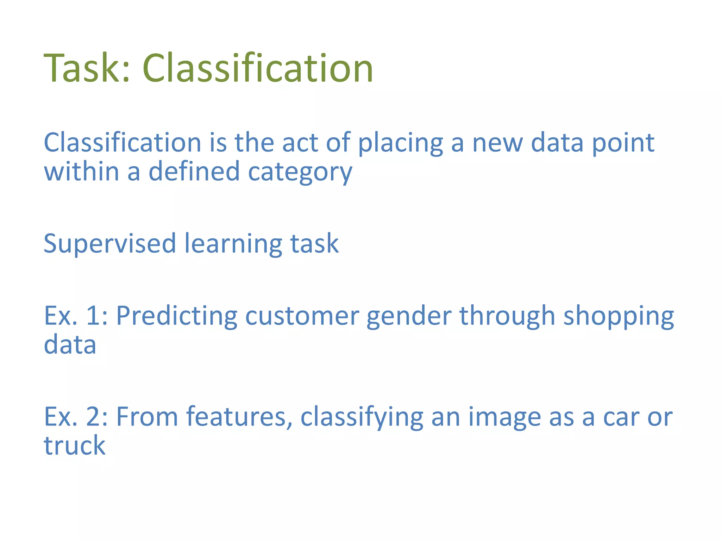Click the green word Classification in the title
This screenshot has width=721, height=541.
point(257,68)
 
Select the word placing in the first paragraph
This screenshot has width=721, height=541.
point(400,144)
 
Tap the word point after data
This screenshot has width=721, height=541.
point(623,144)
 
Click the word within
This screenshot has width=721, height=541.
point(81,172)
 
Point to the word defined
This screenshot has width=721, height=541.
point(194,172)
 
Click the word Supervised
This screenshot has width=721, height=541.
point(109,244)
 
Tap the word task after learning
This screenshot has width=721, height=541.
point(314,244)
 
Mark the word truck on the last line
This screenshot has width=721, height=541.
point(74,446)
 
